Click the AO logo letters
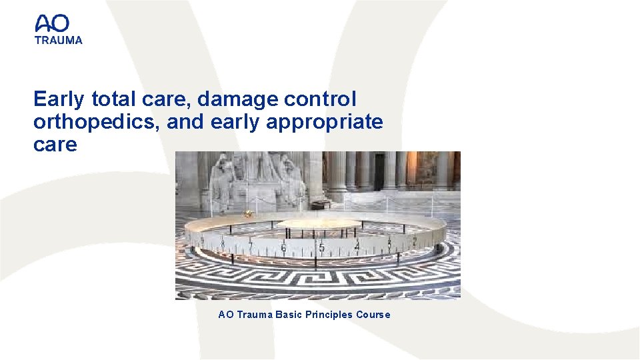point(52,24)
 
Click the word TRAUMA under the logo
point(59,40)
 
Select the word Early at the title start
point(59,99)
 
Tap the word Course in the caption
point(373,315)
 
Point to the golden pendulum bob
point(248,213)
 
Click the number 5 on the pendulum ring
point(321,248)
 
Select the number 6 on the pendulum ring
point(284,249)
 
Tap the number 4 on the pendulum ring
point(357,246)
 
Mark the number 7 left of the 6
point(251,245)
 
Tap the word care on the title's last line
point(55,145)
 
